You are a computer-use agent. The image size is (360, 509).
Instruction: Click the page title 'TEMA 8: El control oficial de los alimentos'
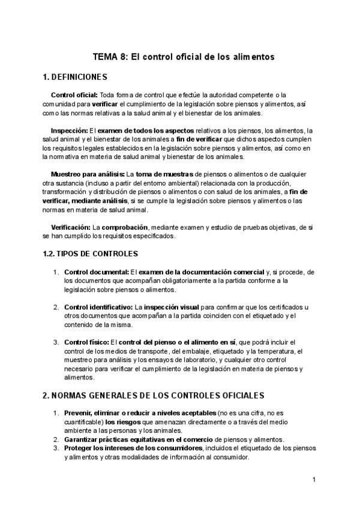pos(183,57)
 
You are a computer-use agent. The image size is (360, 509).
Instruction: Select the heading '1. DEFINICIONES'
pos(75,77)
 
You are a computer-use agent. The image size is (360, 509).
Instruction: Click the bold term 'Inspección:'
pos(69,130)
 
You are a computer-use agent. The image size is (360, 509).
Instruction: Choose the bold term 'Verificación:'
pos(70,227)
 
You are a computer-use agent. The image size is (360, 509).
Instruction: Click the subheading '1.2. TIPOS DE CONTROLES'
pos(91,253)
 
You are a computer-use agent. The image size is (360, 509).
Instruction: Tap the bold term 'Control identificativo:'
pos(98,307)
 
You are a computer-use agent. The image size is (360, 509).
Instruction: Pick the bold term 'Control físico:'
pos(86,342)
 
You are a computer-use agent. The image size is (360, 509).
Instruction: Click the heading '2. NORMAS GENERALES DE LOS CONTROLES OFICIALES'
pos(153,396)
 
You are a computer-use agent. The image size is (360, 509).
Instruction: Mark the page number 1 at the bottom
pos(314,480)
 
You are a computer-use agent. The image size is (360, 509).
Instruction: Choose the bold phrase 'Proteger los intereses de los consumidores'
pos(134,448)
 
